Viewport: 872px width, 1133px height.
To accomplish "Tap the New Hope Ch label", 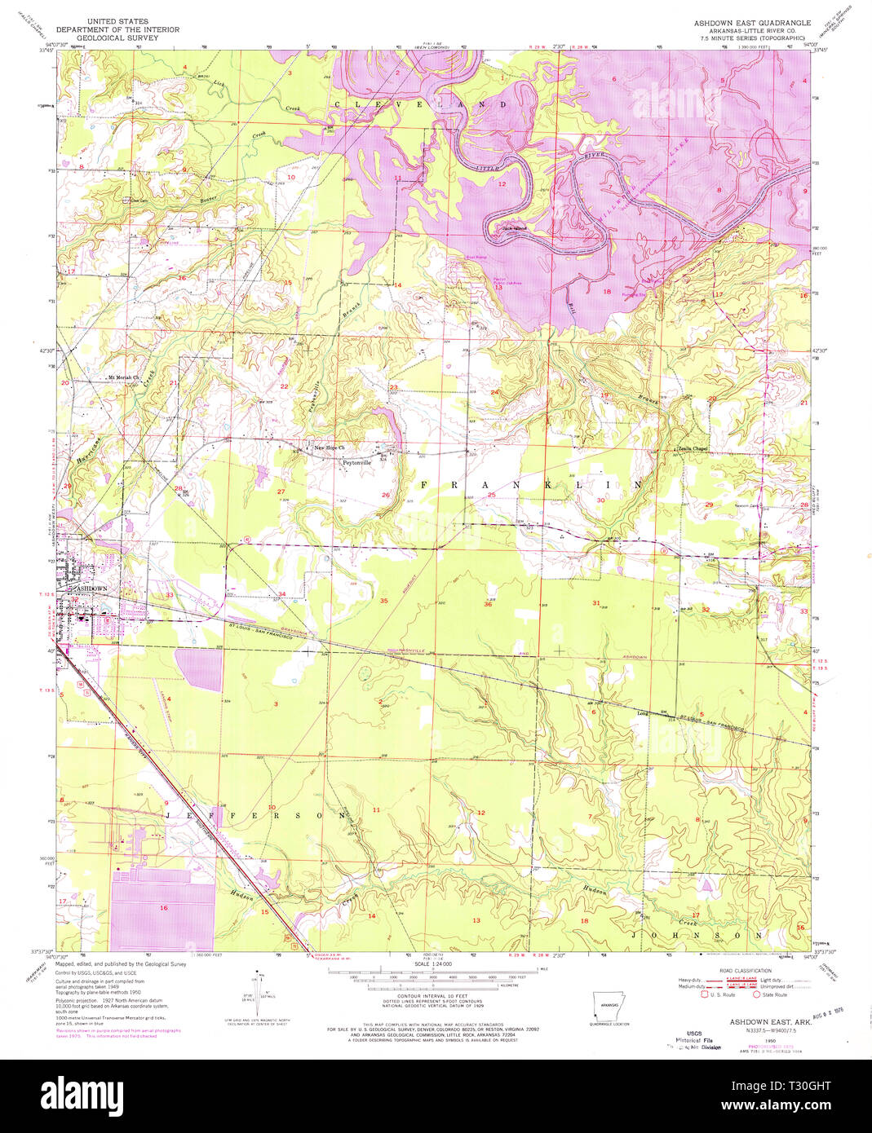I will click(330, 447).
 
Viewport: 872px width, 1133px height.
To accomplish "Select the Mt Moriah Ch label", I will click(124, 378).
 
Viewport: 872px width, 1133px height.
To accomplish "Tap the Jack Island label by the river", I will click(514, 227).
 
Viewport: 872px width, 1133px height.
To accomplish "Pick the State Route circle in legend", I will click(756, 994).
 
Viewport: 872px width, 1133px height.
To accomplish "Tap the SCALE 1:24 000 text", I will click(433, 963).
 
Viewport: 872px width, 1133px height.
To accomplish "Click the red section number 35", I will click(383, 601).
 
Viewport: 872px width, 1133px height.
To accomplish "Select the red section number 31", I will click(596, 603).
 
